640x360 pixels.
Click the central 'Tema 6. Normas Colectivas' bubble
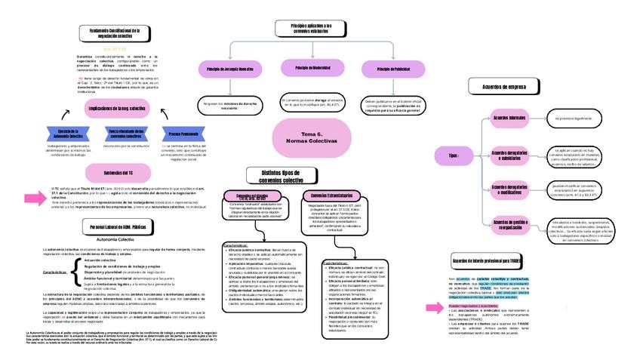pyautogui.click(x=307, y=137)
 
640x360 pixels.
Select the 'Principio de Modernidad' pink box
pyautogui.click(x=312, y=68)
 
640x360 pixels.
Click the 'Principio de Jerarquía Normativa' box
pyautogui.click(x=229, y=69)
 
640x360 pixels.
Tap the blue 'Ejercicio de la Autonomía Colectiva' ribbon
pyautogui.click(x=69, y=134)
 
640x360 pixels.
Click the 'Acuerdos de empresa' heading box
pyautogui.click(x=504, y=88)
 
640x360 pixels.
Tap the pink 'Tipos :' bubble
pyautogui.click(x=453, y=156)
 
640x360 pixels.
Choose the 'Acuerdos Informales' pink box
pyautogui.click(x=510, y=119)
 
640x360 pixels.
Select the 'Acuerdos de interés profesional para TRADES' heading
pyautogui.click(x=487, y=260)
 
